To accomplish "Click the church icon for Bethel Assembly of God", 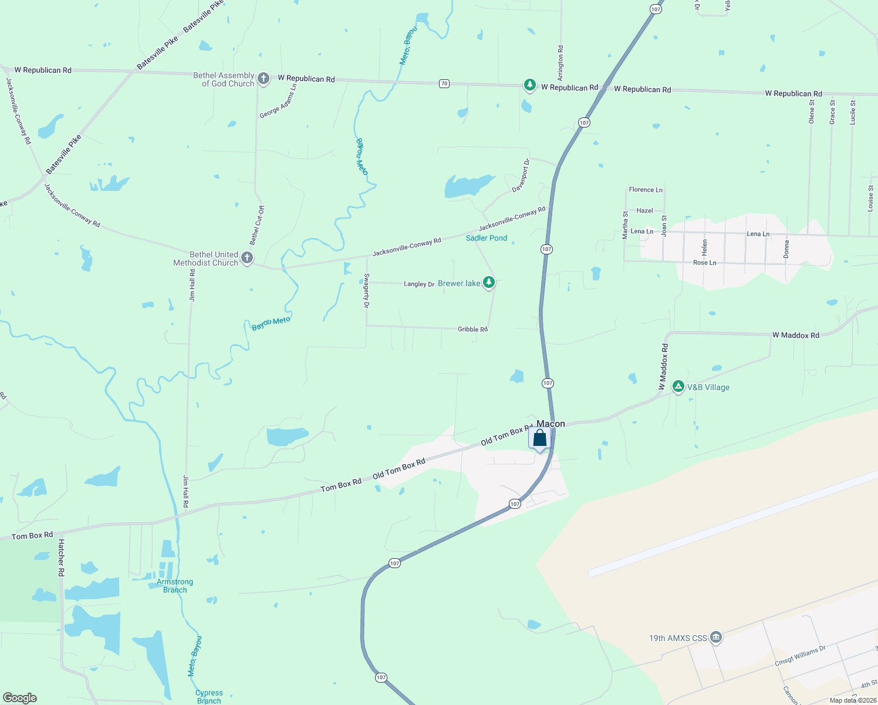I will pyautogui.click(x=264, y=79).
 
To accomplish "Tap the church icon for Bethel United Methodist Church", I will pyautogui.click(x=247, y=258).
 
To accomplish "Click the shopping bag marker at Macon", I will pyautogui.click(x=539, y=438).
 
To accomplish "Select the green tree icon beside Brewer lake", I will pyautogui.click(x=488, y=283).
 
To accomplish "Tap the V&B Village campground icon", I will pyautogui.click(x=678, y=387).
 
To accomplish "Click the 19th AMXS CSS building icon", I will pyautogui.click(x=715, y=637).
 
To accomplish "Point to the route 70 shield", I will pyautogui.click(x=444, y=83).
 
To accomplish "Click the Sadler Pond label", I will pyautogui.click(x=487, y=238).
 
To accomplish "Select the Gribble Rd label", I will pyautogui.click(x=472, y=329).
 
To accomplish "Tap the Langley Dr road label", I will pyautogui.click(x=419, y=284).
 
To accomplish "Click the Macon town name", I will pyautogui.click(x=551, y=424).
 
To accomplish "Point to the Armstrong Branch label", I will pyautogui.click(x=175, y=586).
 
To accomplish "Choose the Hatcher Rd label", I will pyautogui.click(x=61, y=558).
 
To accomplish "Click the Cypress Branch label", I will pyautogui.click(x=209, y=696).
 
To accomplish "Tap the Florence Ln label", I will pyautogui.click(x=646, y=190).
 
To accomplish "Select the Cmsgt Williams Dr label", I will pyautogui.click(x=800, y=656).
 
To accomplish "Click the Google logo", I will pyautogui.click(x=19, y=698).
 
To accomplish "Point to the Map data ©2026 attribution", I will pyautogui.click(x=853, y=700).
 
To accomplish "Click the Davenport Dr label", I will pyautogui.click(x=521, y=175).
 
